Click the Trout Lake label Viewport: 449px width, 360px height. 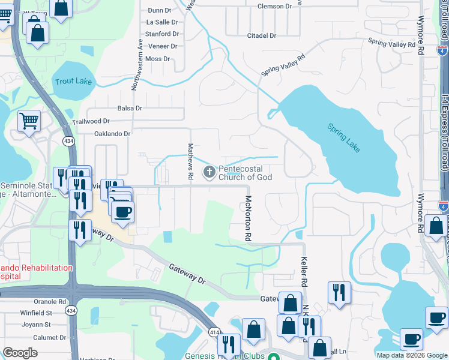pos(73,81)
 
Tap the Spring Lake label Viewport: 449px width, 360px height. pos(344,137)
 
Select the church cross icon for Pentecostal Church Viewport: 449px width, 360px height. pos(209,173)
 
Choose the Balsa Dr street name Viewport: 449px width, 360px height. pos(130,109)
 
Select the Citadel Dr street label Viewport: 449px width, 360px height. pos(262,36)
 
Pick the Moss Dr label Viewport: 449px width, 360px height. pos(158,59)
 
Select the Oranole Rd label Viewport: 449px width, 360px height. pos(50,302)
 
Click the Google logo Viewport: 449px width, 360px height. pos(20,353)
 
